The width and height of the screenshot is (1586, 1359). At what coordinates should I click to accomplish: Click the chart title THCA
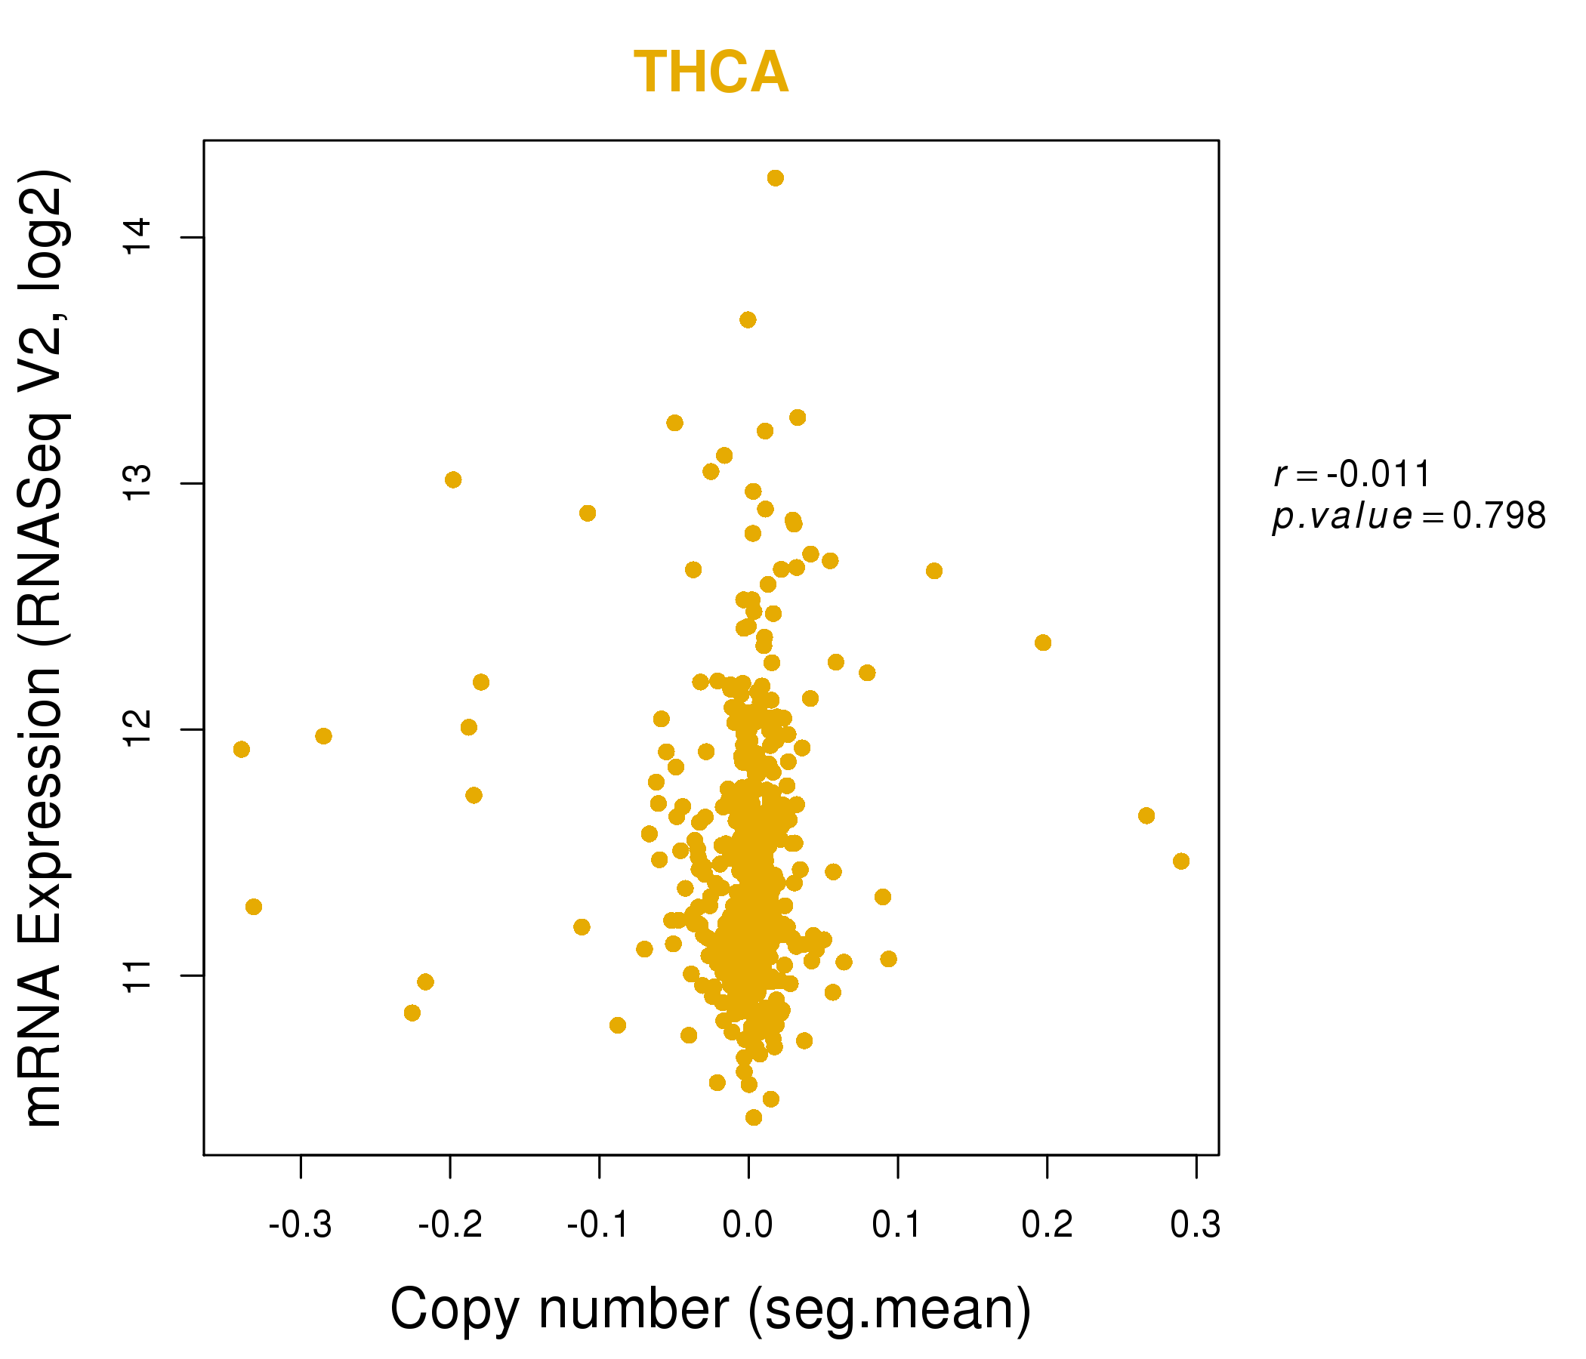[x=711, y=72]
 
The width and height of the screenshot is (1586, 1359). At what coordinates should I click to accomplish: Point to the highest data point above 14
[x=776, y=178]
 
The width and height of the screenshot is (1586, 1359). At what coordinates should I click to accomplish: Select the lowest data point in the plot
[x=754, y=1118]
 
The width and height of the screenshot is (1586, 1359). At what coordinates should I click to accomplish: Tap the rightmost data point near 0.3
[x=1181, y=861]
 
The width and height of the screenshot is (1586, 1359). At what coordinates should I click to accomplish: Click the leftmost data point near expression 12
[x=242, y=749]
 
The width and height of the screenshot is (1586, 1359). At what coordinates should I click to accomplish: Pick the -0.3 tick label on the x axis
[x=300, y=1225]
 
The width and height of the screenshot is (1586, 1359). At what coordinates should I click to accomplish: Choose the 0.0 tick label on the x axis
[x=748, y=1225]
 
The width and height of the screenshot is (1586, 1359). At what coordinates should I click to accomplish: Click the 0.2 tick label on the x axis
[x=1046, y=1225]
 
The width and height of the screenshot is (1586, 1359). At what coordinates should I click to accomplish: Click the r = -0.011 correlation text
[x=1352, y=474]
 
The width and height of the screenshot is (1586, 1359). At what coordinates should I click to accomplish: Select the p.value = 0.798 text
[x=1409, y=516]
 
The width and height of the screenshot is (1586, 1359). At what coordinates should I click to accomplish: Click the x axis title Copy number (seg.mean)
[x=711, y=1309]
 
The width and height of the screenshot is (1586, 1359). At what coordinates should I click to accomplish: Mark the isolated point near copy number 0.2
[x=1042, y=643]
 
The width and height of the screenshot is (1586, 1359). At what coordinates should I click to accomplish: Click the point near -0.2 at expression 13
[x=453, y=479]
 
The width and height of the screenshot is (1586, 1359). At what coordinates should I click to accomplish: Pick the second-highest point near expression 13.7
[x=748, y=320]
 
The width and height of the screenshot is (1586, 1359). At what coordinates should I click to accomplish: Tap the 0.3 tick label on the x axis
[x=1196, y=1225]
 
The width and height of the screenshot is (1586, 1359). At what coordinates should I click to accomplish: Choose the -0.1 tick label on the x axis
[x=599, y=1225]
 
